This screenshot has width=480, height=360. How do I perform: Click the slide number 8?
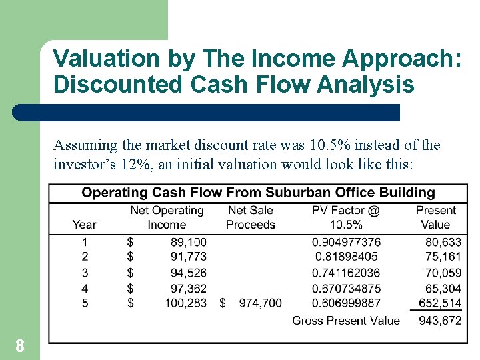pos(20,345)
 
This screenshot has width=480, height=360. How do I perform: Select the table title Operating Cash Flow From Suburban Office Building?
pos(258,193)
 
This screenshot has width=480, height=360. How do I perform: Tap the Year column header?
pos(85,225)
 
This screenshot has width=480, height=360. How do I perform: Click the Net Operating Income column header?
pos(167,217)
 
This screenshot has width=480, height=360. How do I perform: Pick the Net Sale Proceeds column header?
pos(250,217)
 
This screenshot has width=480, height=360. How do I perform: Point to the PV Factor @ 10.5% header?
pos(345,217)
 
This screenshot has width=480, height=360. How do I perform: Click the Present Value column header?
pos(435,217)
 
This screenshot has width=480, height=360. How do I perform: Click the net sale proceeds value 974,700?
pos(260,303)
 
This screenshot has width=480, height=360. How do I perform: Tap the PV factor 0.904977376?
pos(346,241)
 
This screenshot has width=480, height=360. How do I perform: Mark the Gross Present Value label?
pos(346,321)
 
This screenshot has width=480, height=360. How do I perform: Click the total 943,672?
pos(439,321)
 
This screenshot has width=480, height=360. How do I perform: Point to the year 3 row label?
pos(85,272)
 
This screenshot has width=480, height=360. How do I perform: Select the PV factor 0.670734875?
pos(346,288)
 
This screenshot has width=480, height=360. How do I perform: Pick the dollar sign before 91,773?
pos(130,256)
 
